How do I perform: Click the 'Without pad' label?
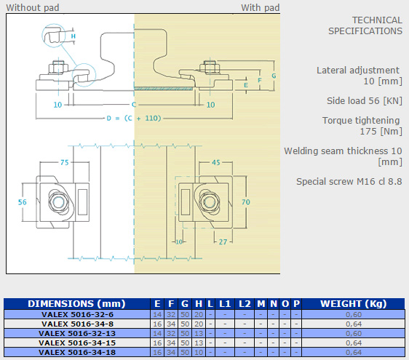click(33, 7)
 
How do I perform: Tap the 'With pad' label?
click(260, 7)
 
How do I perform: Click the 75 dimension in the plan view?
click(65, 162)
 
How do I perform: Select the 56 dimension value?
click(22, 202)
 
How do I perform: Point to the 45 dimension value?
click(216, 162)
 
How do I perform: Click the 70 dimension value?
click(246, 202)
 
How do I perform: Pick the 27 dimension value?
click(223, 242)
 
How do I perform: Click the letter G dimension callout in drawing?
click(274, 76)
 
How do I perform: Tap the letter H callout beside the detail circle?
click(74, 36)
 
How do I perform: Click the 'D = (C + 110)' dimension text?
click(134, 119)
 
